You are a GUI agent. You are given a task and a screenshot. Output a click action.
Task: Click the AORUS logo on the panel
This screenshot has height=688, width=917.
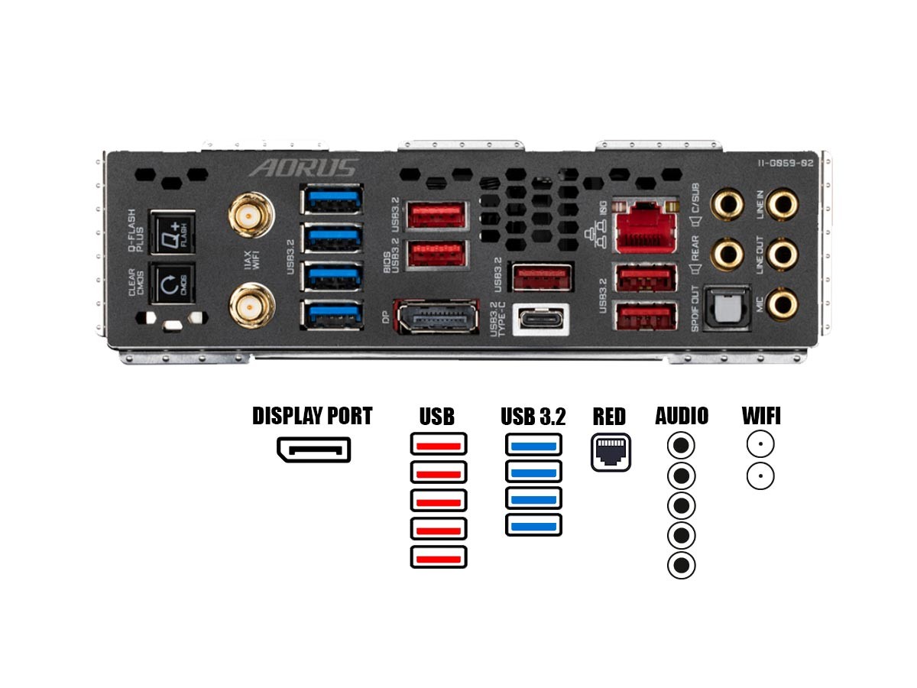click(x=304, y=168)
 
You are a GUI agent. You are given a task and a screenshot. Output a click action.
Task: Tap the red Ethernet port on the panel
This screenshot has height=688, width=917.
click(x=646, y=226)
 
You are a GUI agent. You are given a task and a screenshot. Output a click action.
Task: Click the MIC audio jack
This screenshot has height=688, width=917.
click(x=783, y=303)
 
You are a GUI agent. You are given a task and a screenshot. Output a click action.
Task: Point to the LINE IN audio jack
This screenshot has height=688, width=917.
click(x=783, y=205)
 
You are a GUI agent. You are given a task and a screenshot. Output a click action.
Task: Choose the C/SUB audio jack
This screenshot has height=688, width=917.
click(x=727, y=205)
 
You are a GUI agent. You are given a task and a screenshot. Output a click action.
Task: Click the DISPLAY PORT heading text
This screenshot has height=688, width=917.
click(x=312, y=416)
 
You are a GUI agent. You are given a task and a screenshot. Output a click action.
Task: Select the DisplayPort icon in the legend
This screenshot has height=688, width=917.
click(x=313, y=449)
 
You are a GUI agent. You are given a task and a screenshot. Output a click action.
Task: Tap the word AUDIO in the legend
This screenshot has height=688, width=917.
click(x=682, y=416)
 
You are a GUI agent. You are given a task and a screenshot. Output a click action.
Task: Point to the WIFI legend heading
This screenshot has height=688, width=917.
click(x=761, y=416)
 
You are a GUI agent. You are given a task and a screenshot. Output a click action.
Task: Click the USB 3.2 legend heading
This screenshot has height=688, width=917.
click(x=533, y=417)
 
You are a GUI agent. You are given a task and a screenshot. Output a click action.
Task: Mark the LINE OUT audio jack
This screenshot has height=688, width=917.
click(x=783, y=254)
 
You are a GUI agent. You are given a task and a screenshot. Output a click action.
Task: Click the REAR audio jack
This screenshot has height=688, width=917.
click(x=727, y=254)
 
